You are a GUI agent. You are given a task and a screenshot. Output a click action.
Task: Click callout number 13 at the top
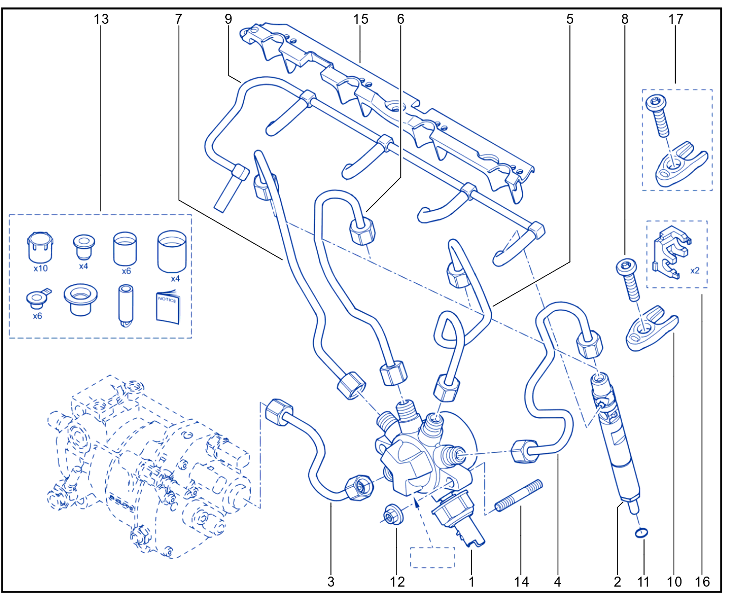[101, 19]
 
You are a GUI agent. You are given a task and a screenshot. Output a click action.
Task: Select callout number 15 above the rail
[360, 19]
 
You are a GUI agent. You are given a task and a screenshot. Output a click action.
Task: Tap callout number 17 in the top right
[676, 19]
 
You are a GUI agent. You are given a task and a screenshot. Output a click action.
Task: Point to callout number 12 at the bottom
[397, 582]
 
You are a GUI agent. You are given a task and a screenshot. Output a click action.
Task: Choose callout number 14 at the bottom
[521, 582]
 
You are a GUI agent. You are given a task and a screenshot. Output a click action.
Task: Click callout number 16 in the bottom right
[702, 582]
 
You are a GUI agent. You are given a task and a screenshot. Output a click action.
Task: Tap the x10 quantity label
[40, 268]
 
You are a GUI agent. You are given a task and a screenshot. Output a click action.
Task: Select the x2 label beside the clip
[695, 271]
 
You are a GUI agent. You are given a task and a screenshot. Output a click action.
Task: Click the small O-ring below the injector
[641, 533]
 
